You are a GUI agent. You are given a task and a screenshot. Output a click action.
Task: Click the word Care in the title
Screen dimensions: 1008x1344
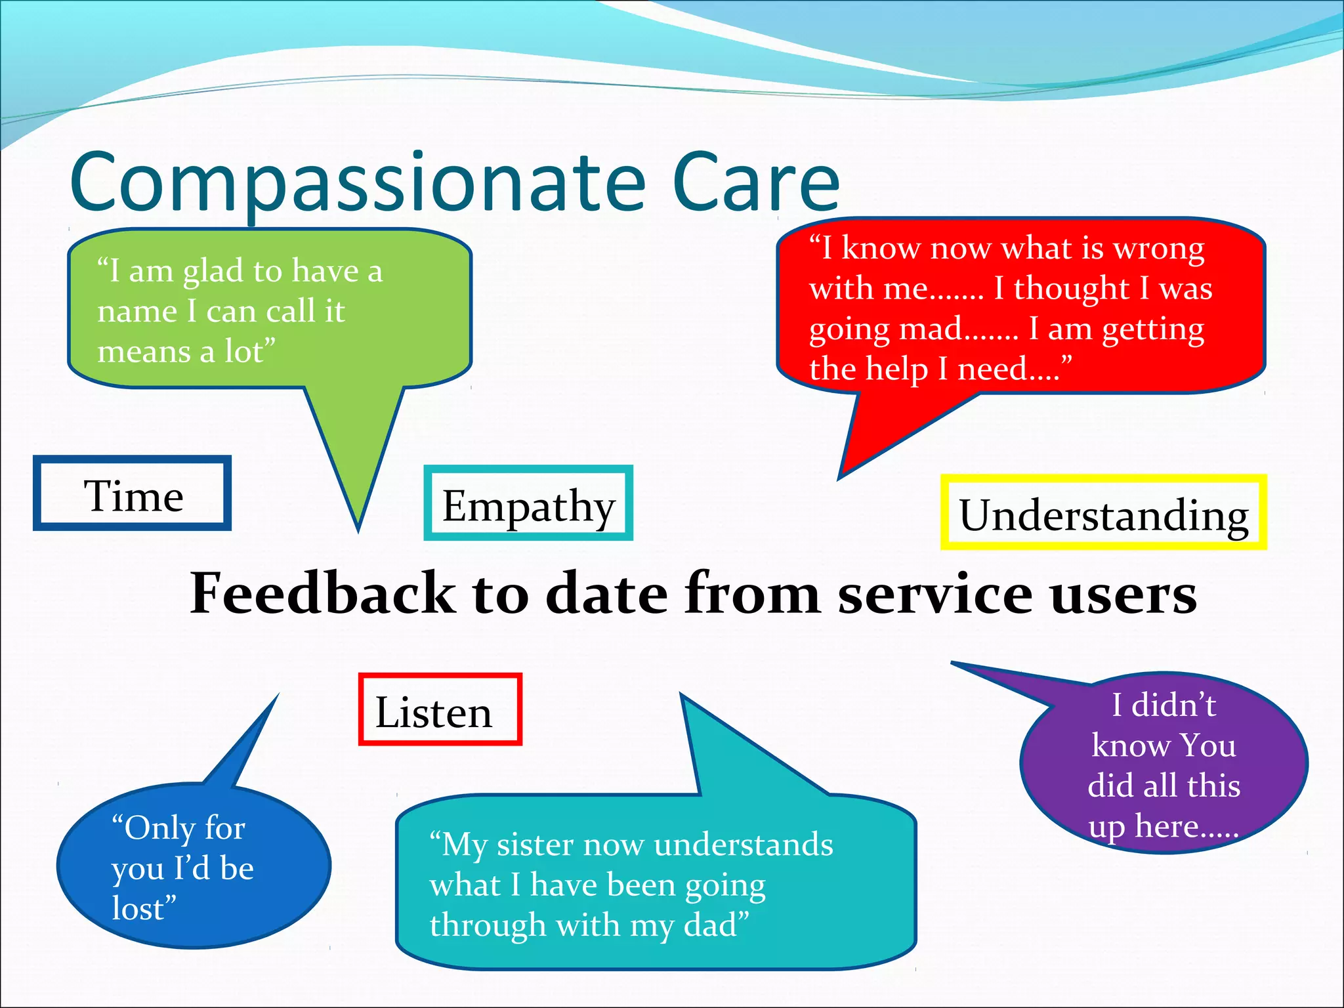(x=755, y=184)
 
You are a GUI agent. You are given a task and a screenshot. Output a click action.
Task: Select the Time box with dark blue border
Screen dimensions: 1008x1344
(x=133, y=493)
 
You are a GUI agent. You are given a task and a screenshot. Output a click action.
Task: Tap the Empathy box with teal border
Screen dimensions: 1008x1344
(x=528, y=504)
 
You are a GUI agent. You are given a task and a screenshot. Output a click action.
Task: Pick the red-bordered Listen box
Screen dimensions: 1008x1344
(x=440, y=710)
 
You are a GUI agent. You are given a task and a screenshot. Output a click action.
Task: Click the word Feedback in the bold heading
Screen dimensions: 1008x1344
(x=322, y=592)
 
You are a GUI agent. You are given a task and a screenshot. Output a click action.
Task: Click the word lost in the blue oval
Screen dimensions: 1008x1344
(x=138, y=908)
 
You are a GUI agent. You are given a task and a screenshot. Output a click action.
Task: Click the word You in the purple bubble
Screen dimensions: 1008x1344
(x=1207, y=745)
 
